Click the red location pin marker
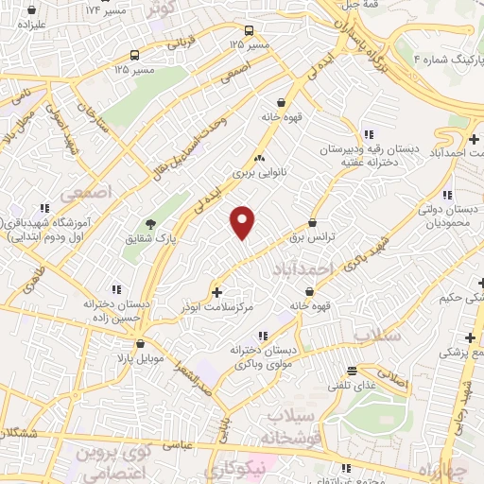(244, 221)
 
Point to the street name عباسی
(180, 442)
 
